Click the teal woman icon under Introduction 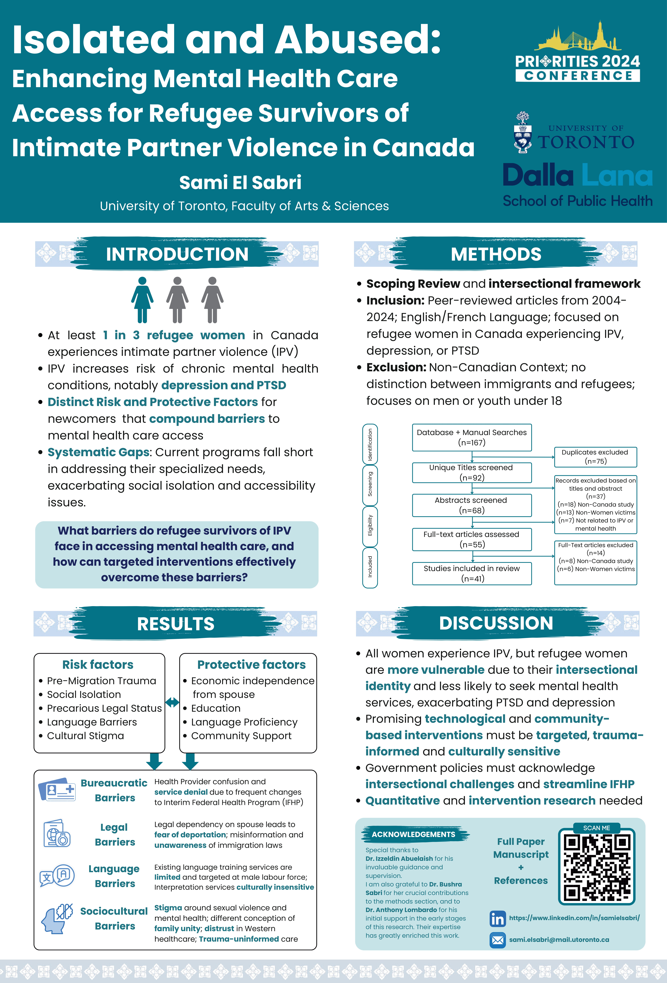tap(142, 300)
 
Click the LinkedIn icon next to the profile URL tap(497, 918)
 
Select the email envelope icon tap(497, 940)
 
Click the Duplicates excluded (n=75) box tap(595, 457)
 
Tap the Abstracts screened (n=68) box tap(472, 505)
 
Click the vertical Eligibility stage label tap(370, 525)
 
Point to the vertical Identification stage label tap(370, 444)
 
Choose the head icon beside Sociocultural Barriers tap(56, 919)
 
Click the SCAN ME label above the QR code tap(596, 828)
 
